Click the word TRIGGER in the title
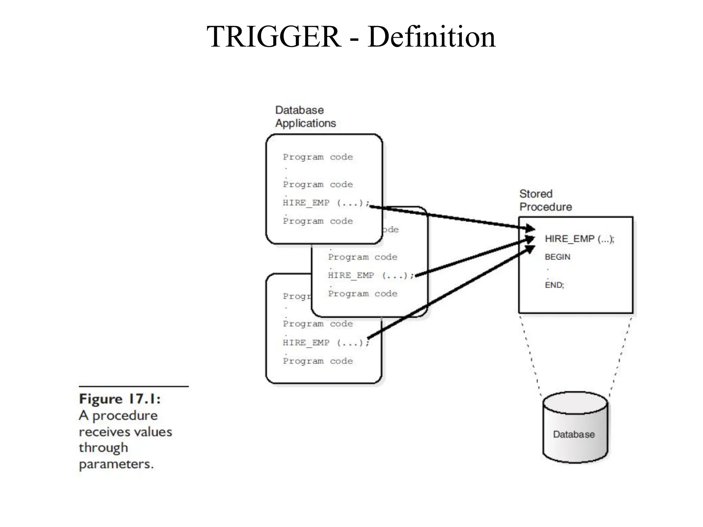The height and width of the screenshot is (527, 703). click(x=274, y=37)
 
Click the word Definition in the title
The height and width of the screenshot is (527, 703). click(x=431, y=37)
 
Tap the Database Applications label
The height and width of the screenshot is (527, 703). click(x=305, y=117)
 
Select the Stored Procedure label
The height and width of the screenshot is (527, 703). click(x=545, y=200)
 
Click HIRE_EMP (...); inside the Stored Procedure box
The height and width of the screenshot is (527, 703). click(x=579, y=239)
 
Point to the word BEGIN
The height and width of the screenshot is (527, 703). click(x=557, y=257)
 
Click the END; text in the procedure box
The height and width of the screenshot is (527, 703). click(x=554, y=285)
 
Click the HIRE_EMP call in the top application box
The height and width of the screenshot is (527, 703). click(x=325, y=203)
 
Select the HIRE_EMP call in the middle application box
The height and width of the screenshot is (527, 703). click(x=370, y=276)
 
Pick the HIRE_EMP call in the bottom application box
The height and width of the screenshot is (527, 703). click(x=325, y=343)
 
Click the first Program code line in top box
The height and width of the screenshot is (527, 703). click(x=318, y=157)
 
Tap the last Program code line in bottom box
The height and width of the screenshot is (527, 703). click(x=318, y=361)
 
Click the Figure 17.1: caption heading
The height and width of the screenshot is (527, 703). click(x=120, y=399)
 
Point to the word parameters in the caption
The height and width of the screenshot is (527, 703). click(x=116, y=464)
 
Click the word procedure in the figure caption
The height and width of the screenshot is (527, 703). click(x=125, y=416)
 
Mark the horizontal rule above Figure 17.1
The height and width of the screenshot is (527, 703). click(x=134, y=387)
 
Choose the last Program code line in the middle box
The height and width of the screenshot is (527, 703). click(x=362, y=294)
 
